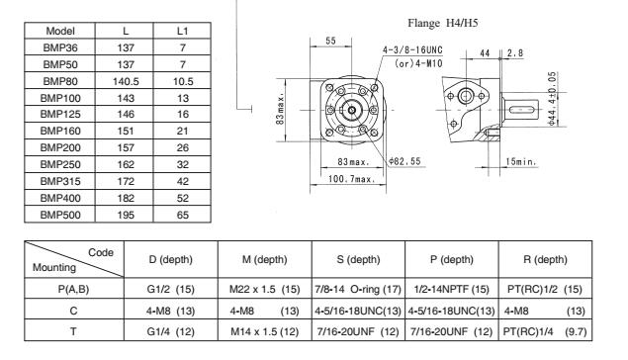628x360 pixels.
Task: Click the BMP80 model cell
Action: coord(60,81)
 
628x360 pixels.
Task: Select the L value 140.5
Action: coord(126,81)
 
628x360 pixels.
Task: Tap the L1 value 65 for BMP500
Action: coord(183,215)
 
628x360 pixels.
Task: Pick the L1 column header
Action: coord(183,31)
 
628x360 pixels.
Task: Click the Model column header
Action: coord(60,31)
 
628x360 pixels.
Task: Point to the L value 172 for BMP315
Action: coord(126,181)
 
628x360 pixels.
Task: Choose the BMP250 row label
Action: coord(60,164)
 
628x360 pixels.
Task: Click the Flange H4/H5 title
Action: coord(442,23)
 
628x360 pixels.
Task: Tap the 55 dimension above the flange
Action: coord(331,41)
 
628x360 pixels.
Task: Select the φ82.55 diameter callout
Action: coord(404,161)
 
